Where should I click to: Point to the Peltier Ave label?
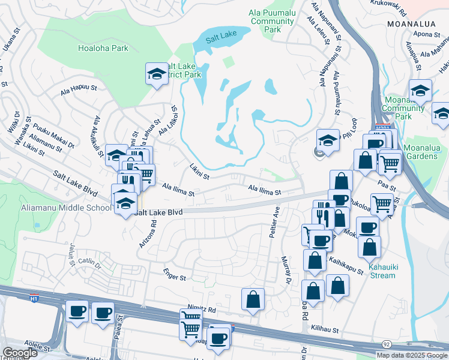pos(277,221)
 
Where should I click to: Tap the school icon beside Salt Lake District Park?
pos(157,74)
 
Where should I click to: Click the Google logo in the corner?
pos(19,353)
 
